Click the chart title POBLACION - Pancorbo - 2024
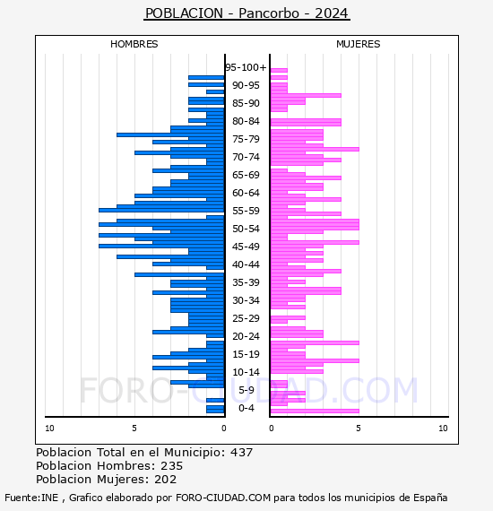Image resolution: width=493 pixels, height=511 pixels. point(246,13)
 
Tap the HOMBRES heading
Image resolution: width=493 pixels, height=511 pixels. point(134,44)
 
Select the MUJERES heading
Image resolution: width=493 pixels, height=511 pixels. point(359,44)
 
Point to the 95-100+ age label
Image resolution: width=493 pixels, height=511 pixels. point(246,67)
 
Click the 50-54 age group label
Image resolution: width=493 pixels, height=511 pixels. point(246,229)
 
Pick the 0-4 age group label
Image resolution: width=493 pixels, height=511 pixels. point(246,408)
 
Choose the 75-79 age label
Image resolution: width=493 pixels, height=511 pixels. point(246,139)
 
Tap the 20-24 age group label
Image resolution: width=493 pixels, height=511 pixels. point(246,336)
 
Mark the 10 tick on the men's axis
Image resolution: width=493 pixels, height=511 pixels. point(49,429)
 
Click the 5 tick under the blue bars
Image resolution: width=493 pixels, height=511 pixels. point(134,429)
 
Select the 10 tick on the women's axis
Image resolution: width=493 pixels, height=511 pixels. point(443,429)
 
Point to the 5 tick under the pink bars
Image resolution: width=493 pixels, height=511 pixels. point(359,429)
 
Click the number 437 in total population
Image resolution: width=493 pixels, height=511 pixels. point(241,453)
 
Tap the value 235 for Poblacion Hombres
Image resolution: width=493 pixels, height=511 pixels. point(172,465)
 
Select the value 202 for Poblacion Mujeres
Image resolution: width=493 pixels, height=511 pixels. point(166,479)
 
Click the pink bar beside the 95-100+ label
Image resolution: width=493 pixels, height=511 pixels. point(279,70)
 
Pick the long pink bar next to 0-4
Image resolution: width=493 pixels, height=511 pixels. point(315,411)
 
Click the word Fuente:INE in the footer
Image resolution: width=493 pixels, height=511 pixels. point(31,498)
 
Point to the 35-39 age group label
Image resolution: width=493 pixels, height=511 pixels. point(246,282)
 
